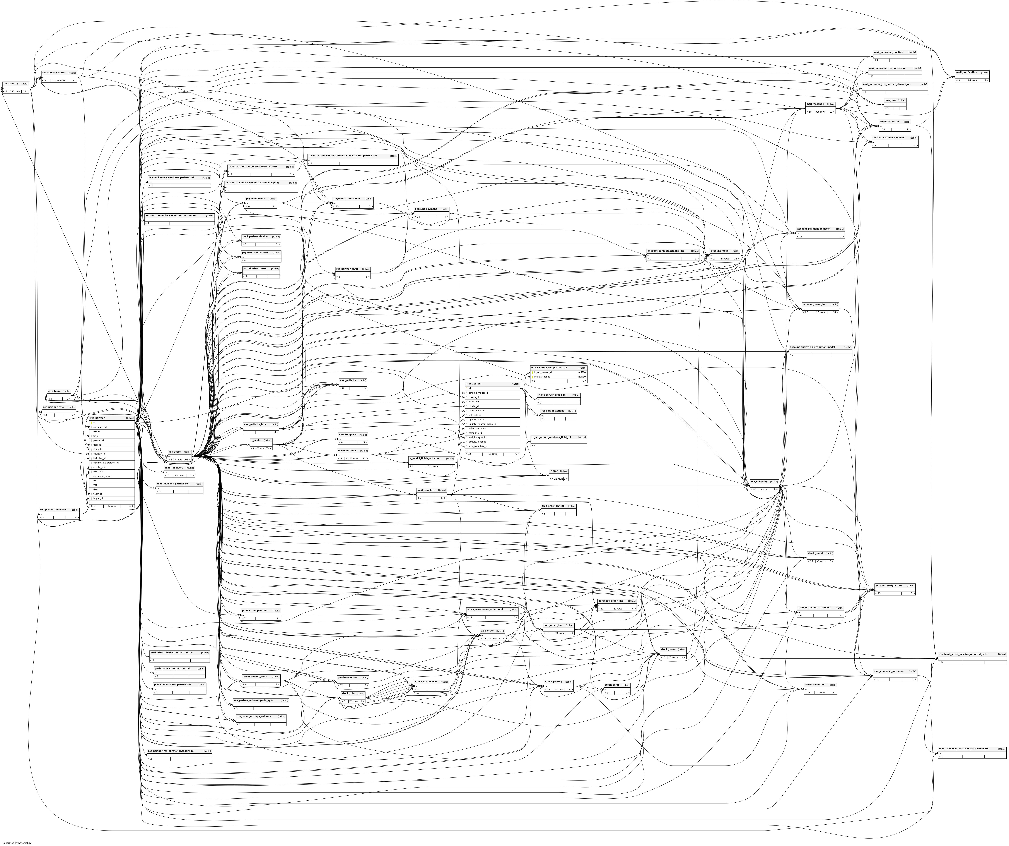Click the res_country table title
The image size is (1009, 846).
click(11, 84)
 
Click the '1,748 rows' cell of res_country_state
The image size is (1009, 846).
click(59, 81)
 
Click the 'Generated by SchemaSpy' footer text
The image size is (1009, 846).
click(17, 843)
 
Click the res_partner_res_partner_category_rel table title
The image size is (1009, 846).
click(171, 751)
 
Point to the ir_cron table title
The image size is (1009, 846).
click(553, 471)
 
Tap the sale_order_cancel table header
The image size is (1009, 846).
click(552, 506)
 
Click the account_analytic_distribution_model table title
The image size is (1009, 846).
click(812, 347)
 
